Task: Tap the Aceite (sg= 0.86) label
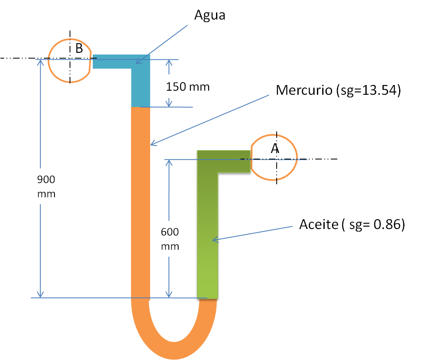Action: coord(352,224)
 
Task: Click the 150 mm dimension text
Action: coord(188,86)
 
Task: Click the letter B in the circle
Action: coord(79,49)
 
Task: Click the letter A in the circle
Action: coord(275,149)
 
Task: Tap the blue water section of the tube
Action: coord(141,85)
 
